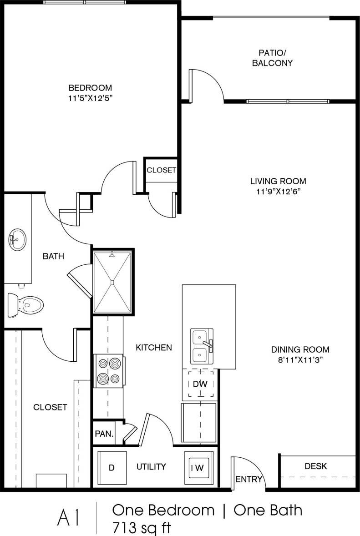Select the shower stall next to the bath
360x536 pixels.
(112, 282)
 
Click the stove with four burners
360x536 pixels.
(108, 370)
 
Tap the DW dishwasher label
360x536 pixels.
(200, 384)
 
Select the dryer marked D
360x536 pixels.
(112, 467)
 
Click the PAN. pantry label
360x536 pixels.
(104, 434)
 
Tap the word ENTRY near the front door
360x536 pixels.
(249, 479)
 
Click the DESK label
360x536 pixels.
(316, 466)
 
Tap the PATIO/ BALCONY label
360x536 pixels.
(272, 57)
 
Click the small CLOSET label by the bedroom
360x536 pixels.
(161, 170)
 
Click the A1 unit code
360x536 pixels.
(69, 518)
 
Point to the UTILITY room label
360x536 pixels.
(151, 466)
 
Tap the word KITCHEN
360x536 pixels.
(154, 348)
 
